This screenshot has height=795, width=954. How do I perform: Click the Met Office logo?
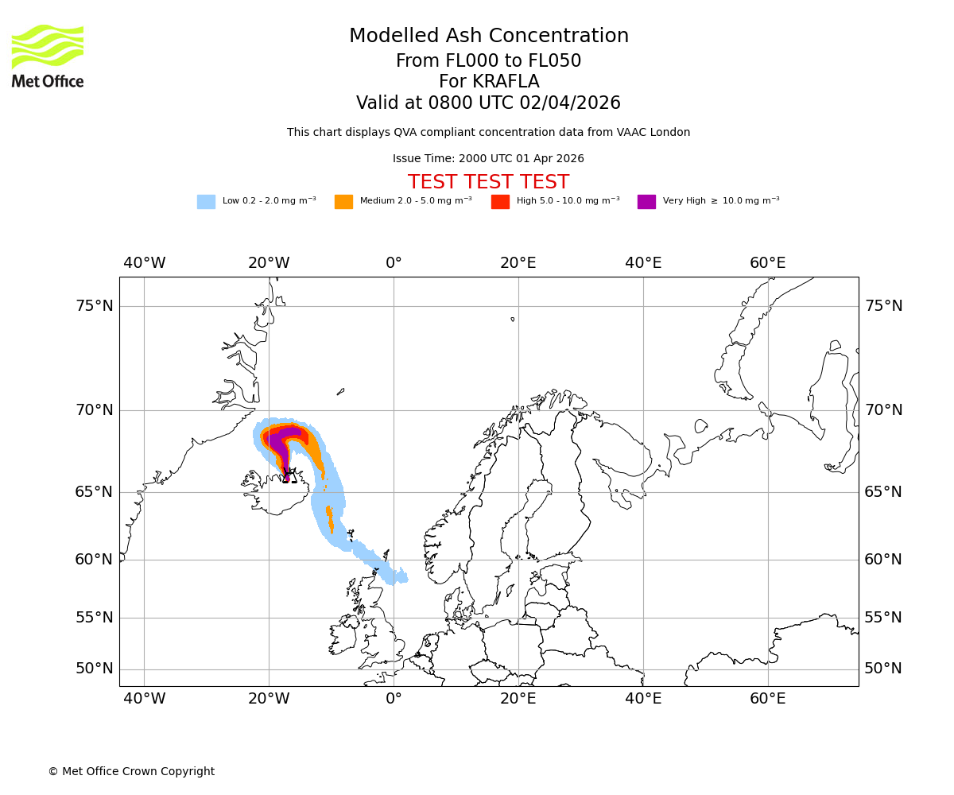[48, 56]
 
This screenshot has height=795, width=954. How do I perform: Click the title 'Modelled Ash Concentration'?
[488, 37]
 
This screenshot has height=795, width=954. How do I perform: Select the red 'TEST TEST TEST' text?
[488, 182]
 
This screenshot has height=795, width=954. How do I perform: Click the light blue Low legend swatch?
[206, 202]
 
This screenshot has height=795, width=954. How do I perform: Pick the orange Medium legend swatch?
[343, 202]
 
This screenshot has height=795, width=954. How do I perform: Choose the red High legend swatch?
[500, 202]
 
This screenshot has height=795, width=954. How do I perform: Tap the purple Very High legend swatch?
[646, 202]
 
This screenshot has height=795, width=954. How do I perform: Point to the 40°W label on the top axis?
[144, 263]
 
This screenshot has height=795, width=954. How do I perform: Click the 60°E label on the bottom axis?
[767, 699]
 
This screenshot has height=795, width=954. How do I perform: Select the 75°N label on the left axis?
[94, 306]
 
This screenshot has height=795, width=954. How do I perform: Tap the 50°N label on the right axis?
[883, 669]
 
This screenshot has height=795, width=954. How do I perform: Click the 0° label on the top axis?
[394, 263]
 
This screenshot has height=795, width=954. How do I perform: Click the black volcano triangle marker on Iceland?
[289, 476]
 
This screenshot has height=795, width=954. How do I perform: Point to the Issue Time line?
[488, 159]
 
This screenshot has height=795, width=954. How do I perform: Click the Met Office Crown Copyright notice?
[131, 771]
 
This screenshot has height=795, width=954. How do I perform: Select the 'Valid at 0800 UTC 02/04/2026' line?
[488, 103]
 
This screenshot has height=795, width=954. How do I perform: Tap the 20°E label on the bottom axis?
[518, 699]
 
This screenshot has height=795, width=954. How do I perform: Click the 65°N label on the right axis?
[883, 492]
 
